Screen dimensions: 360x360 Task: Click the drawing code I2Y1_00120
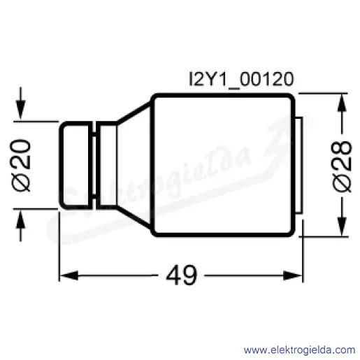[241, 80]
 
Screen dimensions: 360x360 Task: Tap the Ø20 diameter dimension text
[20, 165]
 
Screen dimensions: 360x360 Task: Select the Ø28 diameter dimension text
[343, 166]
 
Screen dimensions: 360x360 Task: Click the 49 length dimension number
[182, 275]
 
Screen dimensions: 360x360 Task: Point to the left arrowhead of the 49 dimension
[69, 275]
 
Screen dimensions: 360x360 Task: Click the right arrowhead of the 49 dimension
[293, 275]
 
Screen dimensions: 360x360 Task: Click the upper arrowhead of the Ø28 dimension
[342, 103]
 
